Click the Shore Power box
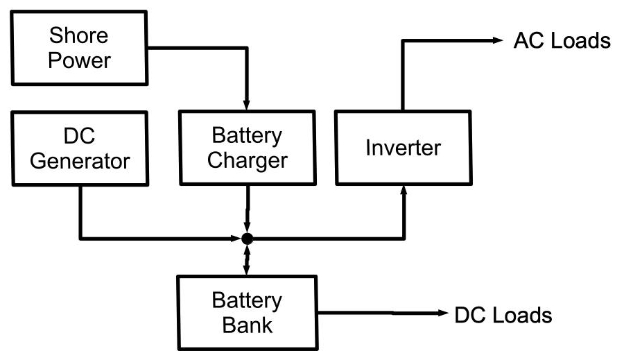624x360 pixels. point(80,48)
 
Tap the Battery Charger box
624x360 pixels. point(248,148)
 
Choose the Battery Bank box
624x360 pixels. point(248,313)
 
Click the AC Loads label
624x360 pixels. point(561,41)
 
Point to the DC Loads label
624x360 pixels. point(503,316)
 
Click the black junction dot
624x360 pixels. point(248,239)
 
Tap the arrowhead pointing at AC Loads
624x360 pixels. point(496,41)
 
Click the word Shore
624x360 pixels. point(80,35)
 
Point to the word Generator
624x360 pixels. point(80,161)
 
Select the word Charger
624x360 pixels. point(248,161)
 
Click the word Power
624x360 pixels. point(80,60)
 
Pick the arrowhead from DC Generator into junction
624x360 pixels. point(236,239)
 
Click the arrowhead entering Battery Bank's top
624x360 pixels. point(248,269)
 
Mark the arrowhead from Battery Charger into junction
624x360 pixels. point(248,228)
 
